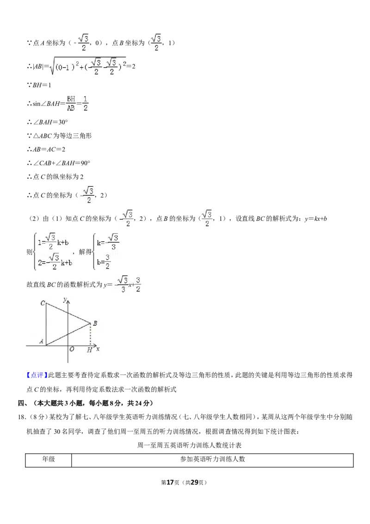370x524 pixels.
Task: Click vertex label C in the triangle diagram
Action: [43, 303]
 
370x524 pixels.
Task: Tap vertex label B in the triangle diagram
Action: [95, 323]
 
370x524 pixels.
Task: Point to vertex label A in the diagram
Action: [42, 341]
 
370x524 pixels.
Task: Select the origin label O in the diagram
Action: [72, 349]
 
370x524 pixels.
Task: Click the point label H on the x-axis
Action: [89, 350]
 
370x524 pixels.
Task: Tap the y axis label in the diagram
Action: [65, 299]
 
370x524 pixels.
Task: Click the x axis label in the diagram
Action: [98, 349]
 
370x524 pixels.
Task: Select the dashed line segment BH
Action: [91, 335]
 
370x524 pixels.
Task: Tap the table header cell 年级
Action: [49, 459]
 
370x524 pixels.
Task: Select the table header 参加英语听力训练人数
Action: [212, 459]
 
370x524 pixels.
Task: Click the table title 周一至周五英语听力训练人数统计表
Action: [189, 445]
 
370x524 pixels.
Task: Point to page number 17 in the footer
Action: [170, 482]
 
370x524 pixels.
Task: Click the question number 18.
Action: [22, 417]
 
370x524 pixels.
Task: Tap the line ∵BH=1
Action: [39, 85]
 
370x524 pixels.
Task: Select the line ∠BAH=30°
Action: [48, 122]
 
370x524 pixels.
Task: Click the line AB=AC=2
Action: [46, 150]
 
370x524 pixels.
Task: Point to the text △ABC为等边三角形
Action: [59, 136]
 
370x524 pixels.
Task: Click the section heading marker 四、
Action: [23, 403]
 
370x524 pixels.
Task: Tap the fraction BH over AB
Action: [71, 103]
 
